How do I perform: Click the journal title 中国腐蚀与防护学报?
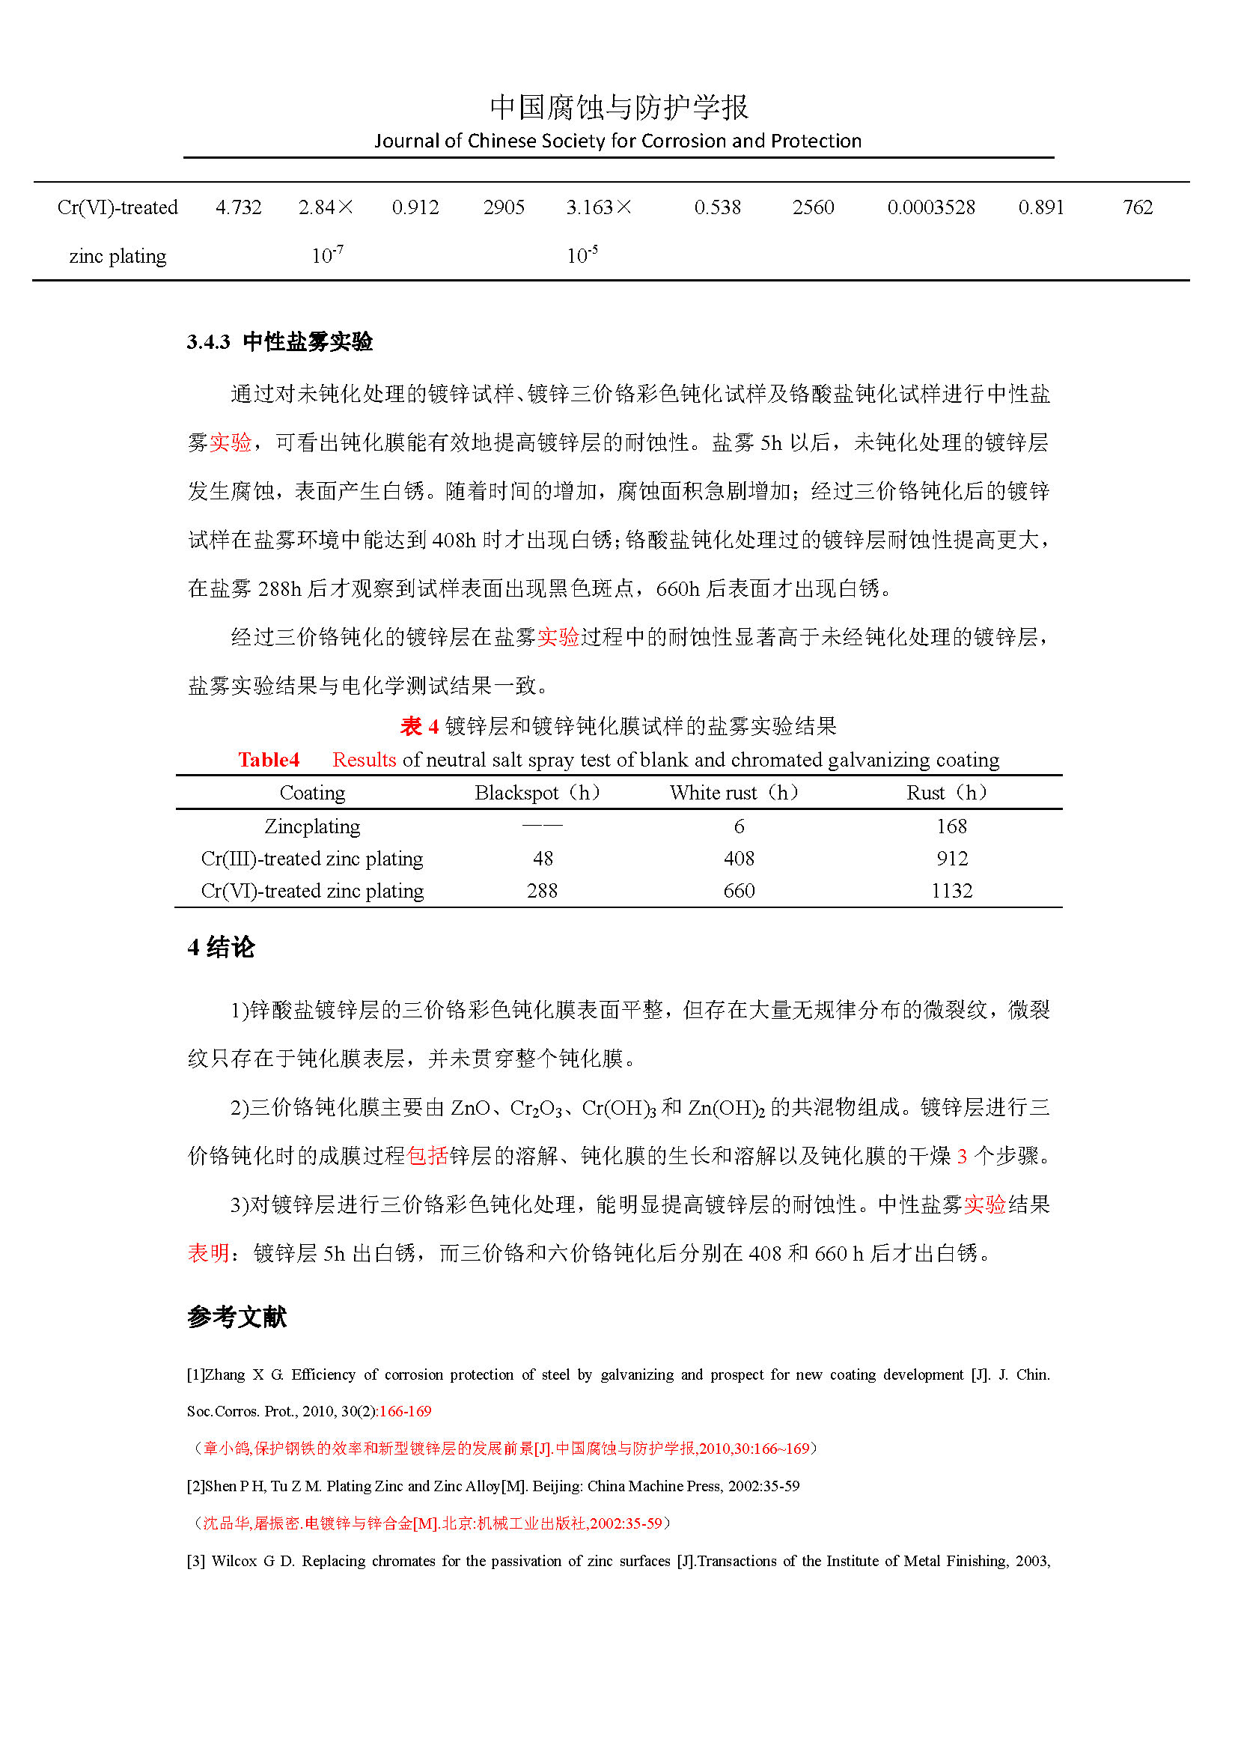(618, 107)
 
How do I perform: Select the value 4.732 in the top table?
(239, 207)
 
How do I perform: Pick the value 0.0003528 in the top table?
(931, 207)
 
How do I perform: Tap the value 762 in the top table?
(1138, 207)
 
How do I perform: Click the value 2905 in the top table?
(504, 207)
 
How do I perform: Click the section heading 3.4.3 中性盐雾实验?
(280, 341)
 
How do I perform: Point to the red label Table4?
(269, 760)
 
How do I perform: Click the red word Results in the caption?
(364, 760)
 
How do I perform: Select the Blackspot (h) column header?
(537, 793)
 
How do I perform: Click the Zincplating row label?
(313, 826)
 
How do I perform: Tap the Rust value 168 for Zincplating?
(951, 826)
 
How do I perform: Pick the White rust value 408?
(739, 859)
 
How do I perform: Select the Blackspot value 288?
(542, 891)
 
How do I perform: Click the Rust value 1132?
(951, 891)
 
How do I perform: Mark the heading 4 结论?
(221, 948)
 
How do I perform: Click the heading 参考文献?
(237, 1317)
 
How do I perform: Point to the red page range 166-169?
(405, 1411)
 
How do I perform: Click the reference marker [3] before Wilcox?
(196, 1561)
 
